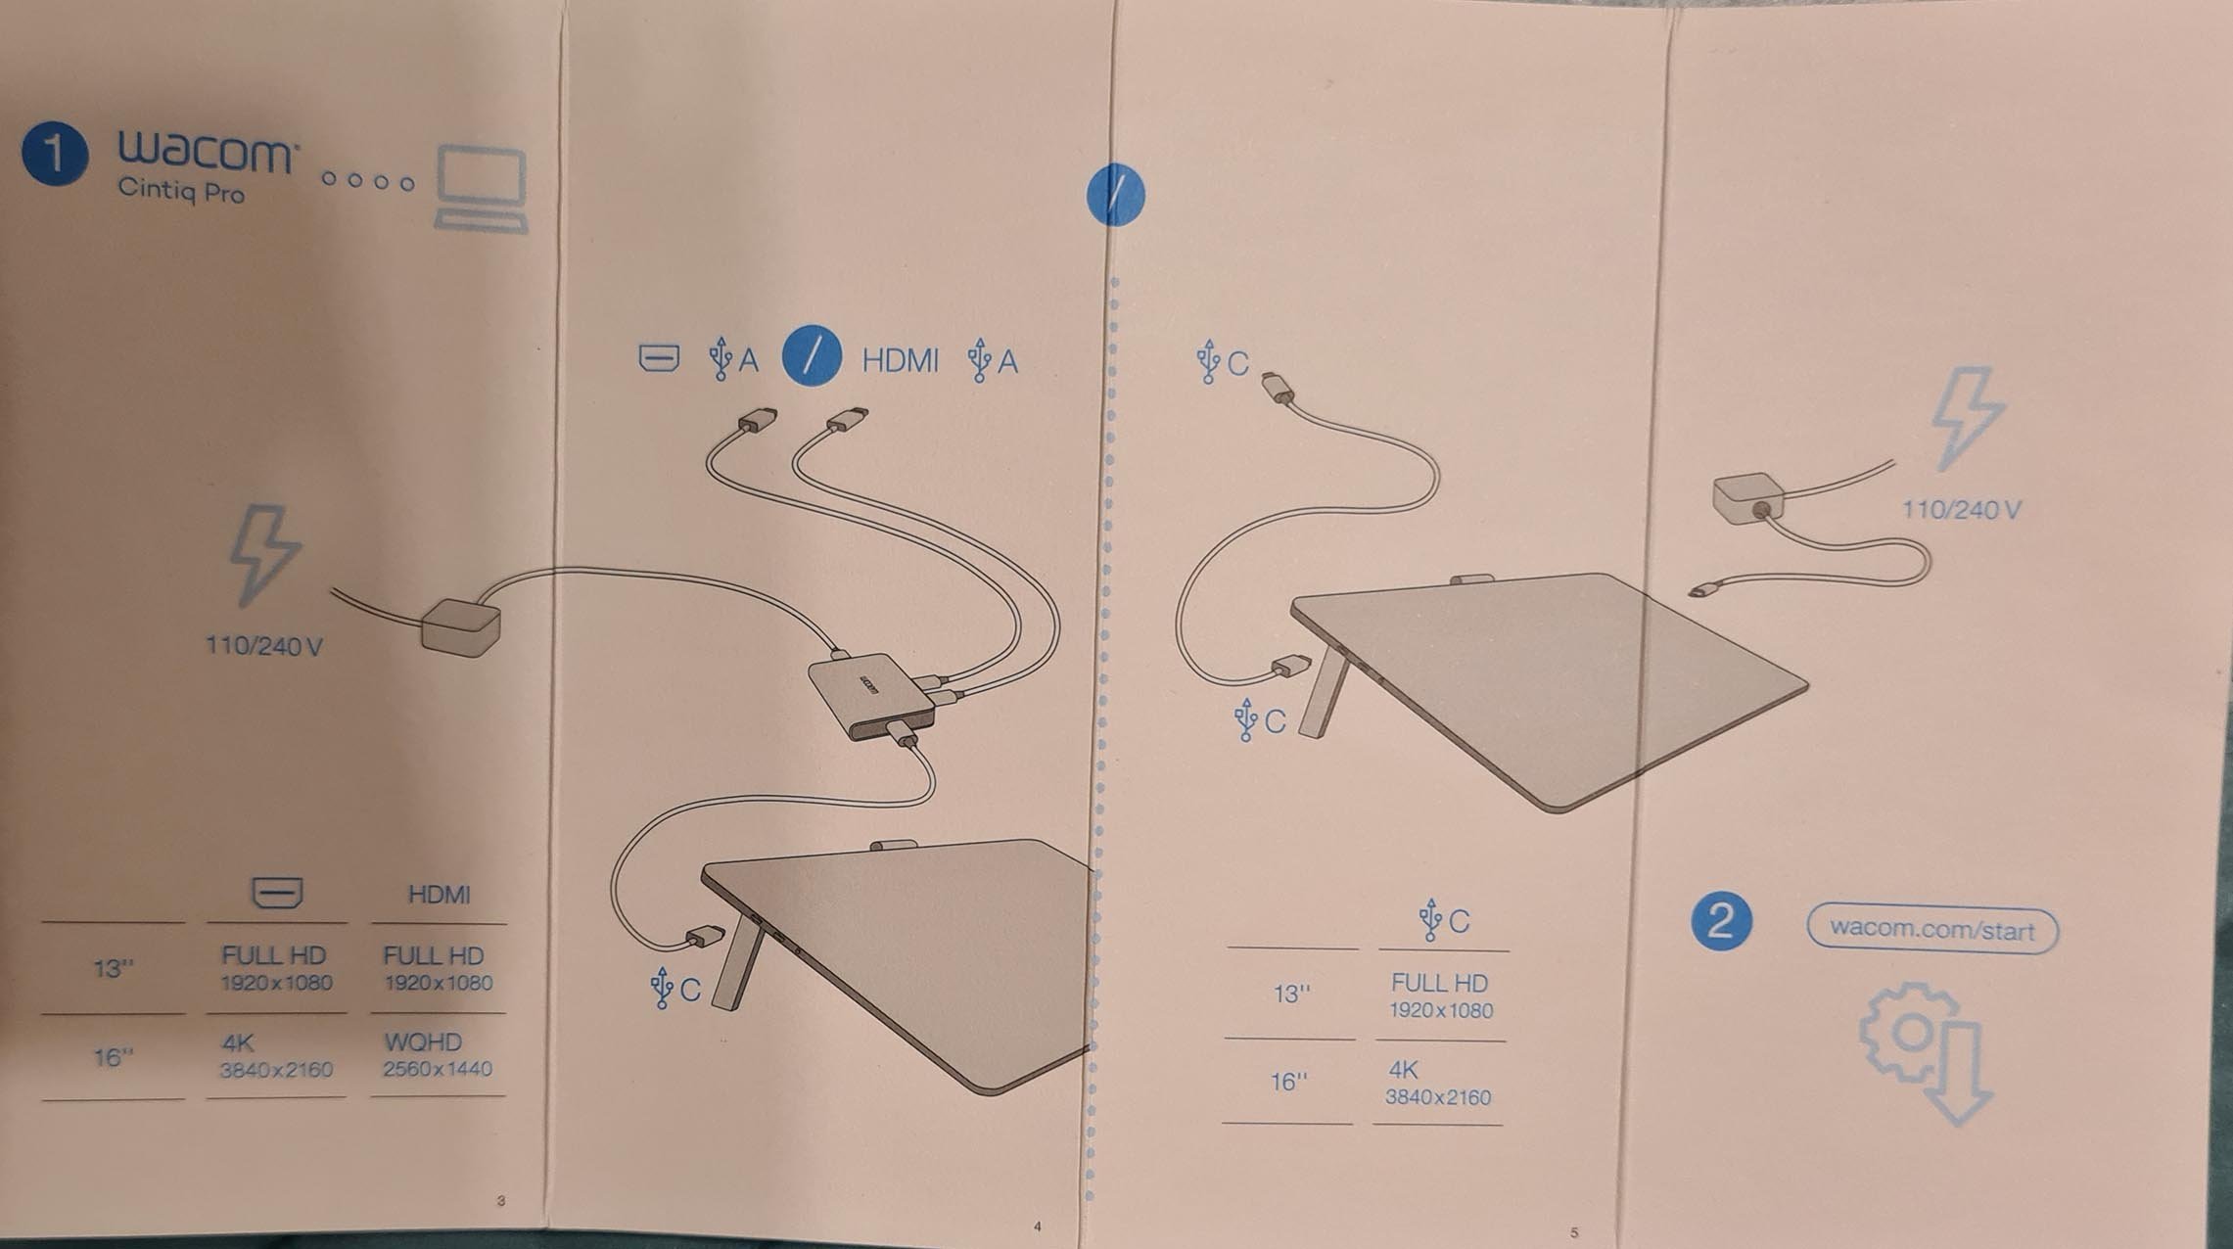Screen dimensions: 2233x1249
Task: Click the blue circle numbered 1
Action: point(55,153)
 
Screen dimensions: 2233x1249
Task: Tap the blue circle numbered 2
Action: point(1720,920)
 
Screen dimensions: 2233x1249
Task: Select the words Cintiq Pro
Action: point(181,189)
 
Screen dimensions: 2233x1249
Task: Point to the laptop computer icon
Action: point(481,190)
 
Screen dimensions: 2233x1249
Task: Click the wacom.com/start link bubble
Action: point(1931,928)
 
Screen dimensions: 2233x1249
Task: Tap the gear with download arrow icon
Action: point(1925,1052)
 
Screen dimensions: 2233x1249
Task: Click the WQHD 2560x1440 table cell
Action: point(437,1054)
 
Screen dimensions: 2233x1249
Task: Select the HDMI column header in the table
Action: point(439,895)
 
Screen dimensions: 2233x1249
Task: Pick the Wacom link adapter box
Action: point(870,696)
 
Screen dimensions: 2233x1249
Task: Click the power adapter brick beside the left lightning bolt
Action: point(461,625)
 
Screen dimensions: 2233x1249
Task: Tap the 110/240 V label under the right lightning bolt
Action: point(1961,509)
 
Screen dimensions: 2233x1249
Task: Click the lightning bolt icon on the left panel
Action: point(263,554)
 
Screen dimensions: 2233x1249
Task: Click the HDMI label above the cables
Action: point(900,360)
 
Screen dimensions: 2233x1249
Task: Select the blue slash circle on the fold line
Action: point(1115,194)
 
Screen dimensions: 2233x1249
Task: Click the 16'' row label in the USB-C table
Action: point(1288,1082)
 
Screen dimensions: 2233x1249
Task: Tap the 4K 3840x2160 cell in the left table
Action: point(276,1055)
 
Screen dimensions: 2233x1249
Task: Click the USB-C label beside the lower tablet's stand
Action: point(675,989)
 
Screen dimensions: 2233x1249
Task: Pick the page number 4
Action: point(1038,1226)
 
